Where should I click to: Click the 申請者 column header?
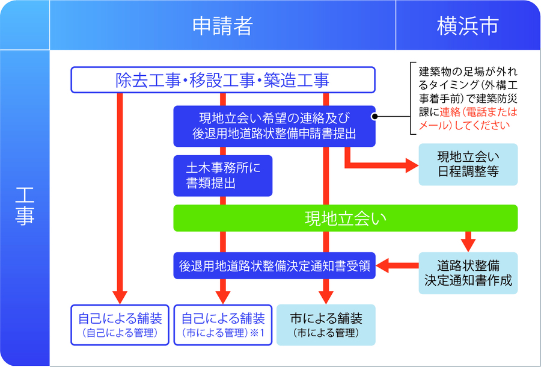(x=222, y=26)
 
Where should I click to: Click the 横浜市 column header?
(x=467, y=26)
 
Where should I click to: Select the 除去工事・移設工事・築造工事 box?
(x=223, y=80)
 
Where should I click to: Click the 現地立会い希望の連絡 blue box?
(x=274, y=126)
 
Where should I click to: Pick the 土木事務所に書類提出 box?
(x=222, y=176)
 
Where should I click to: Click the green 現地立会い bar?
(x=345, y=218)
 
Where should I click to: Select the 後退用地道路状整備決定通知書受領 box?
(x=274, y=265)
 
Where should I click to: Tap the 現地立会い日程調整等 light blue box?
(x=468, y=164)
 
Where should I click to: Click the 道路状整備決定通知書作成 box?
(x=468, y=272)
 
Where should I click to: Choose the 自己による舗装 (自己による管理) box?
(x=120, y=324)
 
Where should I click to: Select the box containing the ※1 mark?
(x=223, y=324)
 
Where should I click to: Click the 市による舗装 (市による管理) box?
(x=325, y=324)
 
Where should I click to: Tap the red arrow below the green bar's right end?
(x=468, y=242)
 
